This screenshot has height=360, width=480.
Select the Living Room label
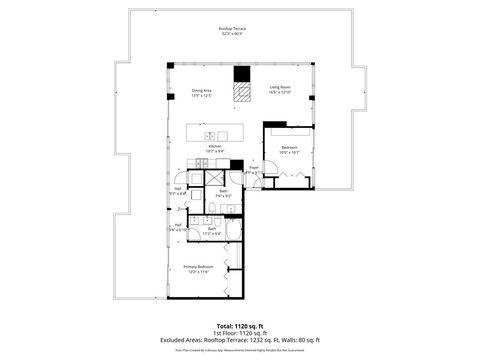pyautogui.click(x=279, y=88)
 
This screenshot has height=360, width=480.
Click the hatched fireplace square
pyautogui.click(x=241, y=92)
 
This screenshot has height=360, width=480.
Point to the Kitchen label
pyautogui.click(x=214, y=146)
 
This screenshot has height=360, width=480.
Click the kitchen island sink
pyautogui.click(x=211, y=135)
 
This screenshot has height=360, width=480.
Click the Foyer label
pyautogui.click(x=254, y=166)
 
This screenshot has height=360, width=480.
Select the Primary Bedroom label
pyautogui.click(x=198, y=267)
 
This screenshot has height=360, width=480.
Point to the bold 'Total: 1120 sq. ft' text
pyautogui.click(x=239, y=326)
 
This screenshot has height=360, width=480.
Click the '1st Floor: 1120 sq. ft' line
pyautogui.click(x=239, y=333)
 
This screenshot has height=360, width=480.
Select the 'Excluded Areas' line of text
pyautogui.click(x=239, y=340)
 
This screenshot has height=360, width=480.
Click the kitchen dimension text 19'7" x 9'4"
pyautogui.click(x=214, y=151)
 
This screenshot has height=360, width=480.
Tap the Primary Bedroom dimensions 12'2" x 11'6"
pyautogui.click(x=198, y=272)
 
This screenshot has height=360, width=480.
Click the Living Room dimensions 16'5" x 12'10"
pyautogui.click(x=279, y=93)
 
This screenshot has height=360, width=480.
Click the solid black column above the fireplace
pyautogui.click(x=241, y=73)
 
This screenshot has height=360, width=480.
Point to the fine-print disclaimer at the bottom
pyautogui.click(x=239, y=350)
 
